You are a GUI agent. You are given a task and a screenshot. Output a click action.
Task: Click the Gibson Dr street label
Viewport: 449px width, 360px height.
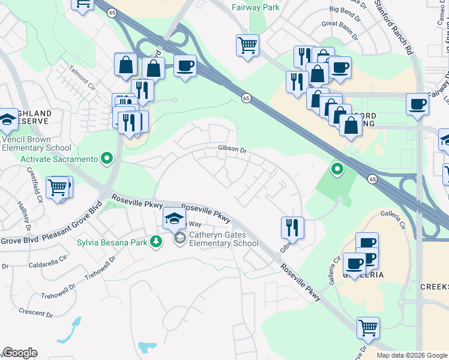coord(232,149)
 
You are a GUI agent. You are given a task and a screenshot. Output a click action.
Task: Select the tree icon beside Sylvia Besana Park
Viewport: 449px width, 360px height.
coord(156,242)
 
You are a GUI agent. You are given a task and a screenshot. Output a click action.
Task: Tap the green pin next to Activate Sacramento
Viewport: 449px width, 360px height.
coord(107,159)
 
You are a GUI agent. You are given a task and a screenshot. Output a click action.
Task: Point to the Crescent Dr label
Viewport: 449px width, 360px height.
coord(35,313)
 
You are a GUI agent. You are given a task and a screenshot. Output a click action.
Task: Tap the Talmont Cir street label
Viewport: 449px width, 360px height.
coord(82,76)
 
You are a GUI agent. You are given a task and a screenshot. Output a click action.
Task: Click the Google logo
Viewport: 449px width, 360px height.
coord(20,353)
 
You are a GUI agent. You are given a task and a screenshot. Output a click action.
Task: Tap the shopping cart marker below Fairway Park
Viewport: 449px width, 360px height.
coord(247,45)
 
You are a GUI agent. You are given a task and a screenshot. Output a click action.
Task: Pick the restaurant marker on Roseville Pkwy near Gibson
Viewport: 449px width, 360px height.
coord(292,227)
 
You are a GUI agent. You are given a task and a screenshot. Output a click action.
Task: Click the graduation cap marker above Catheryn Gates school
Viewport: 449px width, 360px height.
coord(174,218)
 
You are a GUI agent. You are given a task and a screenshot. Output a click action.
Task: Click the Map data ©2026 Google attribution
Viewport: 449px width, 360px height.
coord(411,355)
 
